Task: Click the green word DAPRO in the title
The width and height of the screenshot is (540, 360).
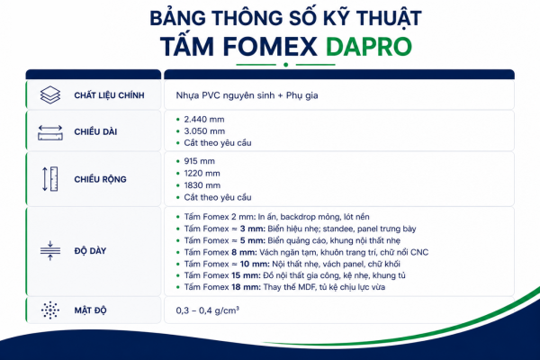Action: (368, 46)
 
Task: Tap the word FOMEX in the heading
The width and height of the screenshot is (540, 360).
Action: (270, 46)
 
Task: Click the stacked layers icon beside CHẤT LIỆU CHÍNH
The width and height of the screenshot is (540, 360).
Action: (50, 95)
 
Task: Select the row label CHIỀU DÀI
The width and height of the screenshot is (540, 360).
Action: (95, 131)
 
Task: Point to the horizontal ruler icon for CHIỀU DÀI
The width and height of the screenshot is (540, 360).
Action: (50, 132)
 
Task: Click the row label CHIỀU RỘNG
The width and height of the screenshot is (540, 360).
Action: (100, 179)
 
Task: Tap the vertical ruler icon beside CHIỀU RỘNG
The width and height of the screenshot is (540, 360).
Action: (50, 179)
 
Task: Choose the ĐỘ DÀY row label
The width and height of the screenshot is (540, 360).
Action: (90, 251)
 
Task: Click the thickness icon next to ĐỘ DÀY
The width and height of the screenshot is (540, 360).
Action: (50, 250)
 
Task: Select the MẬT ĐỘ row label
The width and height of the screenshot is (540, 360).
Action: (91, 310)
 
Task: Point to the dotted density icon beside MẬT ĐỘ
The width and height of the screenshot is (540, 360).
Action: (50, 310)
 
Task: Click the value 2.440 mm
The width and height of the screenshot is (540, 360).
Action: (204, 120)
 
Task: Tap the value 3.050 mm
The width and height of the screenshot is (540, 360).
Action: (204, 131)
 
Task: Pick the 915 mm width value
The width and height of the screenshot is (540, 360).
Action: (199, 161)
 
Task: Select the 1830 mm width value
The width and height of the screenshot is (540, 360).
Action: (202, 185)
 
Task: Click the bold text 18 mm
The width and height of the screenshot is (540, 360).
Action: (247, 287)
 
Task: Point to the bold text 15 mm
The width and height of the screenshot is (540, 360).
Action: (246, 275)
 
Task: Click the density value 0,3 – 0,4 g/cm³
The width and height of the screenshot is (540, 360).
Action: (208, 310)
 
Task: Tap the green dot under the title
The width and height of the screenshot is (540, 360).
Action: (285, 65)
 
